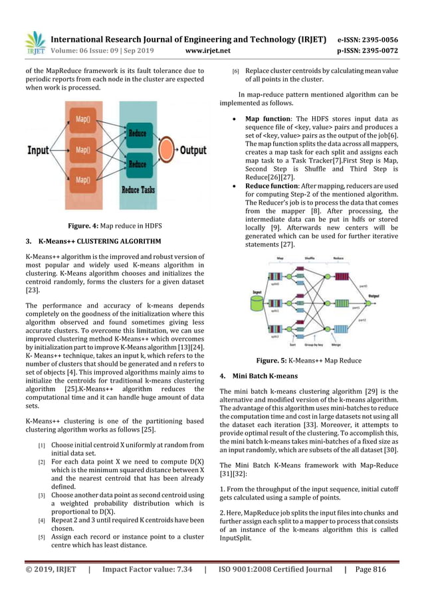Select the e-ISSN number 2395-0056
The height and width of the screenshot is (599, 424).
375,39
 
